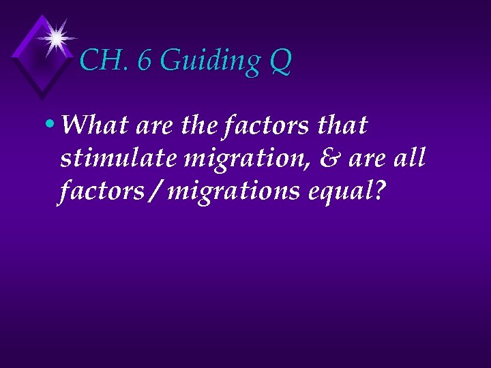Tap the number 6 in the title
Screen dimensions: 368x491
[x=145, y=61]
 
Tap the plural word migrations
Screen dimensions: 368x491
[x=234, y=193]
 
